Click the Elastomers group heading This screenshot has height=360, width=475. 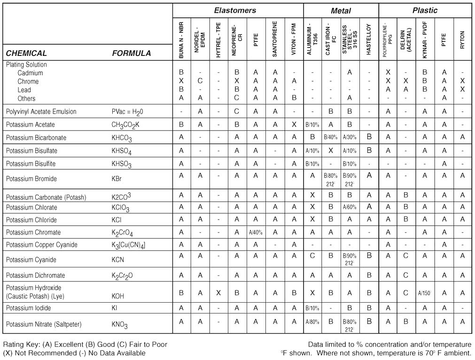tap(235, 10)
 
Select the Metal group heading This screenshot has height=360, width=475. tap(341, 10)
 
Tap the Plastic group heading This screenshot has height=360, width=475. tap(425, 10)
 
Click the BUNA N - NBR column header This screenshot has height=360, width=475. tap(181, 39)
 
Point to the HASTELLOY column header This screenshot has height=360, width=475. tap(369, 39)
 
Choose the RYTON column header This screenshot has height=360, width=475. tap(462, 39)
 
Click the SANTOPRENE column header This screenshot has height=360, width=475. tap(275, 39)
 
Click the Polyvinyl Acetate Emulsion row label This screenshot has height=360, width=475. tap(41, 111)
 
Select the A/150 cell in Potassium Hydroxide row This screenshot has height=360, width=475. tap(425, 292)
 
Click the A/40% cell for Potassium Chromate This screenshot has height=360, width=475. tap(256, 232)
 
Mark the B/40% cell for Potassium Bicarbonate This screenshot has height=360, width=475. tap(331, 137)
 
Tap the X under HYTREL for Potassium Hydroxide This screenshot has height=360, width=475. tap(218, 292)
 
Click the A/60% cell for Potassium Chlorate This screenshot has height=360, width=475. tap(350, 207)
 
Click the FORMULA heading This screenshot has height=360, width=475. tap(132, 53)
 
